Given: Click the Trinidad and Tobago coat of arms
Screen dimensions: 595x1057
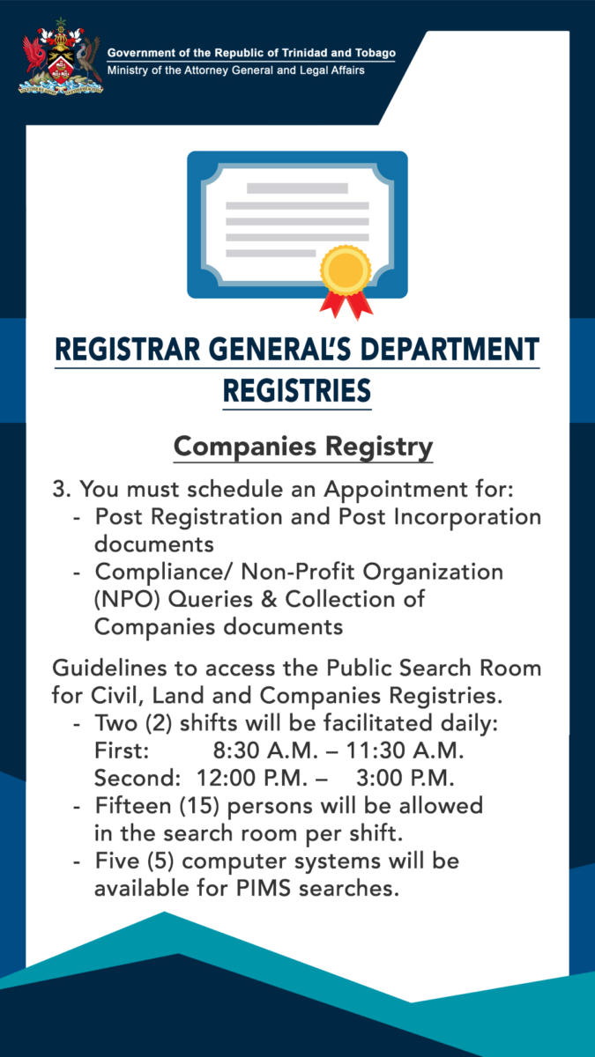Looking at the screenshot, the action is (61, 56).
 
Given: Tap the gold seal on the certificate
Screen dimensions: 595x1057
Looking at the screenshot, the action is (346, 270).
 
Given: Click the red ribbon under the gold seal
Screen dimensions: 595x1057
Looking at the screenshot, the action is (346, 305).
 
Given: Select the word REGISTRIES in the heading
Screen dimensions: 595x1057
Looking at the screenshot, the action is (297, 391).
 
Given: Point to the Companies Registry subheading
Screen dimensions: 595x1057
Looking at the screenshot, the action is (303, 447).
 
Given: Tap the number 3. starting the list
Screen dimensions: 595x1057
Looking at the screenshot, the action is (62, 489).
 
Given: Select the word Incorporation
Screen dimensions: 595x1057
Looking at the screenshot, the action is (467, 517).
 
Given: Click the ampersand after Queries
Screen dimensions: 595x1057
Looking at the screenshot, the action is (269, 599).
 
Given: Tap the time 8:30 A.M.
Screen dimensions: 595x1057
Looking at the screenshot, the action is (266, 750).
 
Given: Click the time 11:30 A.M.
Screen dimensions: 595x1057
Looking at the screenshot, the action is (405, 750).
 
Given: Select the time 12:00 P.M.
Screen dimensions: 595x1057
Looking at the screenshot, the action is (252, 778).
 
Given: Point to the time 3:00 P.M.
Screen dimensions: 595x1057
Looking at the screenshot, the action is (405, 778).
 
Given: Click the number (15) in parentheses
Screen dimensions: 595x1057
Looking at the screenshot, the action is (199, 806).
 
